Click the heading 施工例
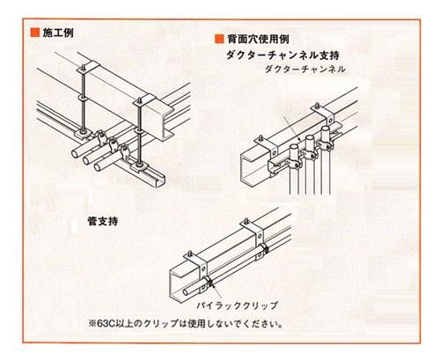pyautogui.click(x=58, y=33)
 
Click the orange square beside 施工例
pyautogui.click(x=35, y=33)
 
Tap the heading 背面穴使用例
pyautogui.click(x=258, y=39)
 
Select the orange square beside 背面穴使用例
pyautogui.click(x=219, y=39)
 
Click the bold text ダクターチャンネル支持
pyautogui.click(x=282, y=55)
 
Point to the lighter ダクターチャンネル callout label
pyautogui.click(x=305, y=70)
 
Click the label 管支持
pyautogui.click(x=103, y=221)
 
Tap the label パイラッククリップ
pyautogui.click(x=237, y=305)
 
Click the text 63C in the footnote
pyautogui.click(x=106, y=324)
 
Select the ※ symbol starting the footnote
pyautogui.click(x=92, y=324)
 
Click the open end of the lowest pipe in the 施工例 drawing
pyautogui.click(x=98, y=167)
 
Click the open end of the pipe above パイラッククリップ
pyautogui.click(x=186, y=292)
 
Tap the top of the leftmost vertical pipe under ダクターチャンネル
pyautogui.click(x=293, y=146)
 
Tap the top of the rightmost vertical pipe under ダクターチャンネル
pyautogui.click(x=326, y=129)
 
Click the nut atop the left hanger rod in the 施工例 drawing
pyautogui.click(x=84, y=67)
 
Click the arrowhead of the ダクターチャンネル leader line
pyautogui.click(x=299, y=139)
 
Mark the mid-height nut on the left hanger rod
pyautogui.click(x=83, y=98)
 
